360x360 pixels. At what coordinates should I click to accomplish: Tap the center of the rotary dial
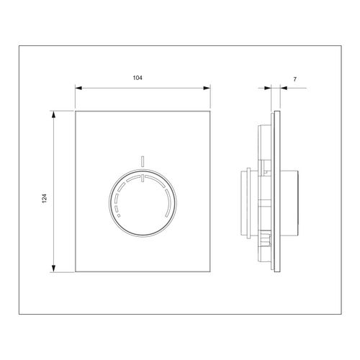[x=143, y=204]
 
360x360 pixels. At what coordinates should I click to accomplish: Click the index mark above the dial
[x=143, y=161]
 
